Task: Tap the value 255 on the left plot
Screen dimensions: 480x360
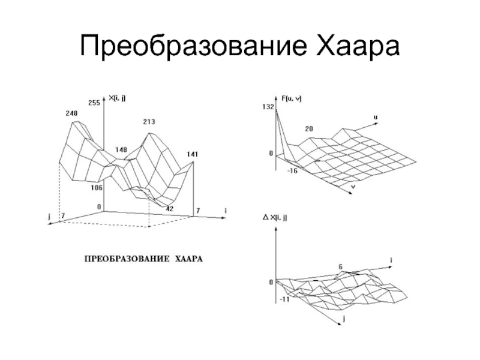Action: pos(94,103)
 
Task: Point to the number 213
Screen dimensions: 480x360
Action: pos(149,122)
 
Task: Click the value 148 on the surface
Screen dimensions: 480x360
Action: pos(121,149)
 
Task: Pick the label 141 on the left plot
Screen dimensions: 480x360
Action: pos(193,154)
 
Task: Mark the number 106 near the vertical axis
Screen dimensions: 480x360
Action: pos(97,188)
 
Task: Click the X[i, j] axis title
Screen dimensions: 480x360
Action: pos(118,98)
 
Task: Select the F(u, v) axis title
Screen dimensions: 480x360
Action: pos(291,98)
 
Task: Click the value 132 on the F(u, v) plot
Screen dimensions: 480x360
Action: pos(268,107)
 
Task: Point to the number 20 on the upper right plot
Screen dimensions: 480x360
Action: pos(308,129)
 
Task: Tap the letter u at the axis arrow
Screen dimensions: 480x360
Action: pos(376,117)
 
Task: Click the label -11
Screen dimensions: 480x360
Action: pos(284,298)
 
